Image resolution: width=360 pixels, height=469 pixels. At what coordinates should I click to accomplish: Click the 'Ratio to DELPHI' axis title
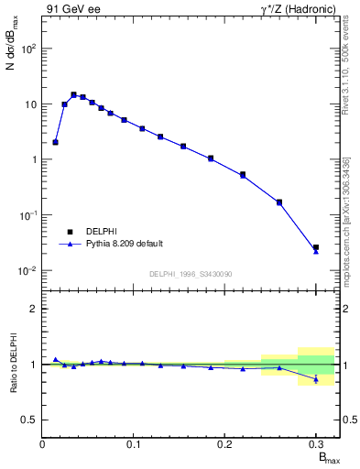(x=13, y=365)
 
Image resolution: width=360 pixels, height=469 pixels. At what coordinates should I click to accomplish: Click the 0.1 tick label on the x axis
(x=134, y=444)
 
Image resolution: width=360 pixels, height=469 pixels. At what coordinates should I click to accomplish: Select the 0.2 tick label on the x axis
(x=224, y=444)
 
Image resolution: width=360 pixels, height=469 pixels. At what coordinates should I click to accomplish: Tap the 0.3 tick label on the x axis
(x=315, y=444)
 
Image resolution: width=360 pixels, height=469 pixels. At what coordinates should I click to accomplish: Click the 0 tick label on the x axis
(x=43, y=444)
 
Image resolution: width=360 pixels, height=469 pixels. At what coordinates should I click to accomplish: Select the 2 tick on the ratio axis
(x=33, y=309)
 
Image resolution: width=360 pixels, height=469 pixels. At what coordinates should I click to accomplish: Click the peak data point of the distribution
(x=73, y=94)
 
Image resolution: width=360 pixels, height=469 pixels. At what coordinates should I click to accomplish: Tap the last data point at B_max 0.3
(x=316, y=247)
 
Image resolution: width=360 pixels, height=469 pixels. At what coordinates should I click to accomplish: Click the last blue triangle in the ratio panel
(x=316, y=379)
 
